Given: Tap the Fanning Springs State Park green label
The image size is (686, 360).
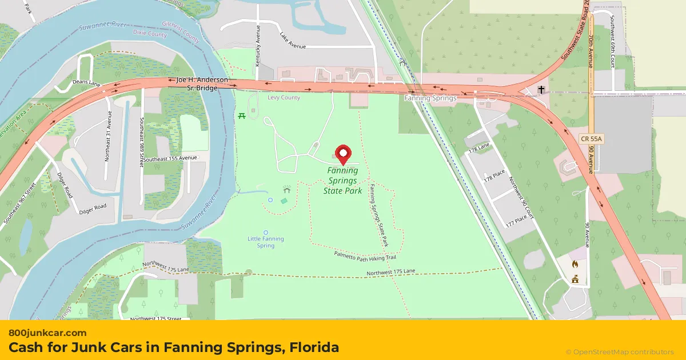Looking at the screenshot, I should [x=343, y=181].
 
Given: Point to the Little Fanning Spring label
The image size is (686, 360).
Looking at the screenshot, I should [x=266, y=242].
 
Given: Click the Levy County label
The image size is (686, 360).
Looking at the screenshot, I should [x=284, y=98].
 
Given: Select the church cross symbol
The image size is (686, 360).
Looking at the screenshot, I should [x=541, y=90].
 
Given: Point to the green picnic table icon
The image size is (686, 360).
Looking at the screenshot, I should [x=242, y=116].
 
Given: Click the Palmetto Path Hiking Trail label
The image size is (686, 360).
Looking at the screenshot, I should [x=365, y=255].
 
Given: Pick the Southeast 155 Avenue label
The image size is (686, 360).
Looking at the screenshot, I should [x=170, y=158].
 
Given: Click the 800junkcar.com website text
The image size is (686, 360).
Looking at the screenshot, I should [x=47, y=333].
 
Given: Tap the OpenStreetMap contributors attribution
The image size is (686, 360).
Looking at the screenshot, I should [x=620, y=352].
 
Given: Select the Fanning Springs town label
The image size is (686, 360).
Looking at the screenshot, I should [x=430, y=98].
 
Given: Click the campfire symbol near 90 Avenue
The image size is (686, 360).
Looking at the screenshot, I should [x=575, y=264].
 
